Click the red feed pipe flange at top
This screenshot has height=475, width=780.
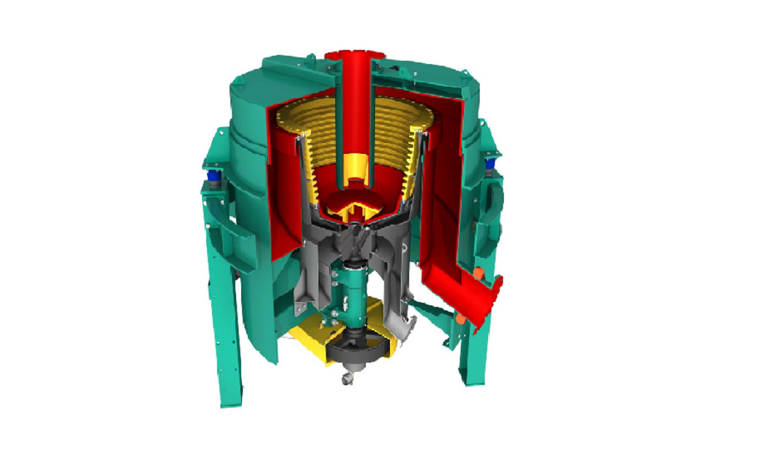pos(354,55)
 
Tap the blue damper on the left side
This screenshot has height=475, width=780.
pos(214,176)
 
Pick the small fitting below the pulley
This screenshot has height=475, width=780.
pos(348,378)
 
